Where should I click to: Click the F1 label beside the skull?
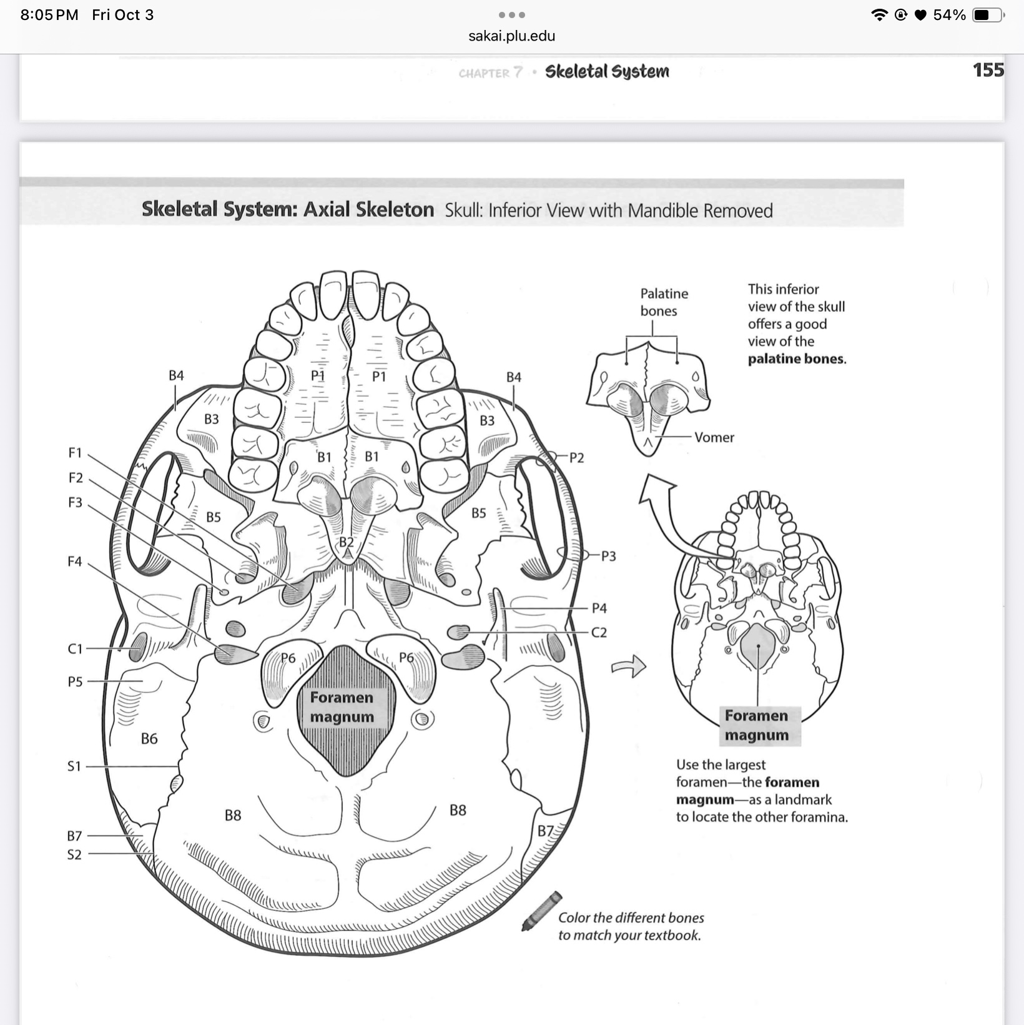coord(75,452)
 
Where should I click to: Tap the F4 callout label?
coord(75,562)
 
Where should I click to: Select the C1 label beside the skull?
coord(75,649)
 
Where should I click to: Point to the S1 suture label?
coord(74,766)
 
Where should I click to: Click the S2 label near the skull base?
coord(74,854)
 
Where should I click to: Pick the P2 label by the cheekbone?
coord(577,458)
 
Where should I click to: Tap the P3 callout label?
coord(608,556)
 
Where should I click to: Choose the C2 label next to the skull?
coord(599,633)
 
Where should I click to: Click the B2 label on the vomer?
coord(347,542)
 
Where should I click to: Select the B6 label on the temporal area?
coord(149,739)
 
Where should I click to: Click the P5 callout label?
coord(75,681)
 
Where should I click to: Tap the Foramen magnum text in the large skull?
coord(342,707)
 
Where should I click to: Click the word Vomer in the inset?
coord(714,437)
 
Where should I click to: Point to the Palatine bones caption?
coord(664,302)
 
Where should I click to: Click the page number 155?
coord(988,70)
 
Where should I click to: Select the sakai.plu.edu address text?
coord(512,36)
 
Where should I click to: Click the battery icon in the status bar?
coord(987,15)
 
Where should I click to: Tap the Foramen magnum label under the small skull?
coord(757,725)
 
